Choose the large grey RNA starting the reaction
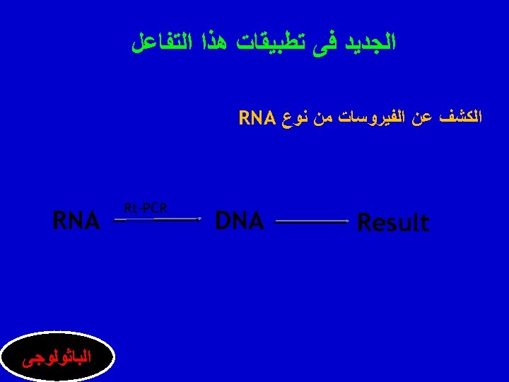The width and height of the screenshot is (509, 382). (x=76, y=221)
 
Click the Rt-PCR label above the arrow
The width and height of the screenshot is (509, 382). (x=145, y=208)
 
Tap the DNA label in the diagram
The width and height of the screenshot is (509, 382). (x=239, y=221)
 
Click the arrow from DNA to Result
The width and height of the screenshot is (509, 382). (x=311, y=222)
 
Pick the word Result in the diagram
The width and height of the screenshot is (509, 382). (x=393, y=223)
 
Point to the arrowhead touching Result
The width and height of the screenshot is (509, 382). (x=346, y=222)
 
